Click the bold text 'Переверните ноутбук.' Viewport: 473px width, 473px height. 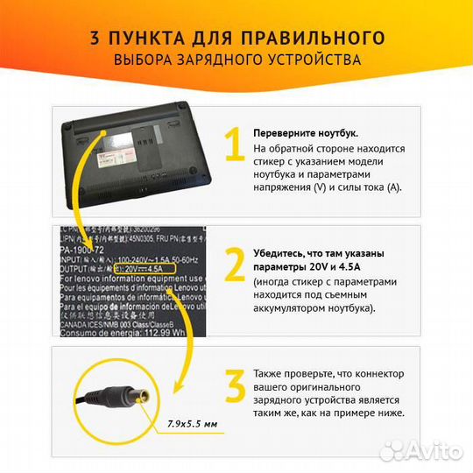(x=305, y=133)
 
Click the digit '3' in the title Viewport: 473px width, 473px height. (x=94, y=38)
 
